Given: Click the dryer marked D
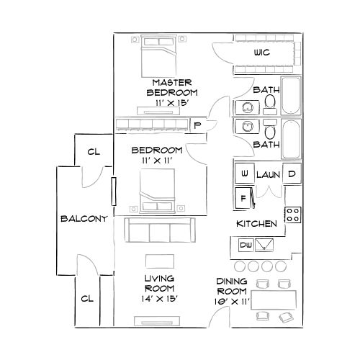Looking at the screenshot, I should pos(292,174).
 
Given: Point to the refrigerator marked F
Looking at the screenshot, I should pos(244,197).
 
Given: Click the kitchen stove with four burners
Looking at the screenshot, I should pos(293,214).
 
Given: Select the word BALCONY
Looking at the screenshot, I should pos(84,219).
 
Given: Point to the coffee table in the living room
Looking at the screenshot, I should pos(160,260).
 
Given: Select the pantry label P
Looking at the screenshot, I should pos(197,125).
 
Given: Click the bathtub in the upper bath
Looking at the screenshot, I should pos(292,97).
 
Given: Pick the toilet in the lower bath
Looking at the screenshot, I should pos(269,131).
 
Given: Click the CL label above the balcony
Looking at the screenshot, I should pos(93,152).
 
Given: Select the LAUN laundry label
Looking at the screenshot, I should pos(268,174).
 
